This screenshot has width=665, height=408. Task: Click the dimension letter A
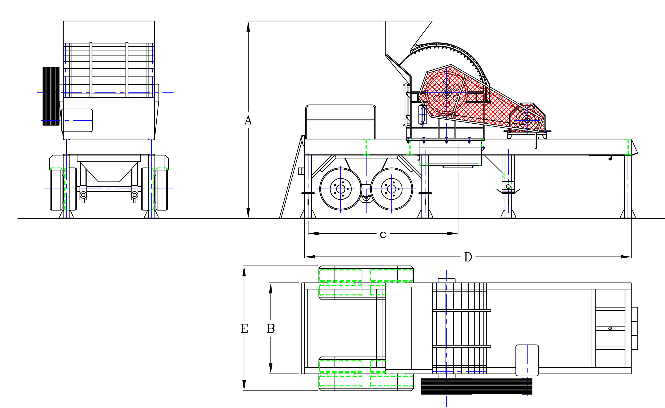tap(248, 120)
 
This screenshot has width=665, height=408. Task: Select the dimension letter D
tap(468, 257)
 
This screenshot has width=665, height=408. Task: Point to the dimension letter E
tap(244, 329)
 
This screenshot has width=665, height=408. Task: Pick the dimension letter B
tap(271, 329)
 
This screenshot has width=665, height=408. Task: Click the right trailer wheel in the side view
tap(392, 189)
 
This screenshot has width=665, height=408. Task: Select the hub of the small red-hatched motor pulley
tap(527, 120)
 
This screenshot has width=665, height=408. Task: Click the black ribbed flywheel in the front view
tap(51, 96)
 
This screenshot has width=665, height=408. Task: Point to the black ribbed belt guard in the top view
tap(476, 386)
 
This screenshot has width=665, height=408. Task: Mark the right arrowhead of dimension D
tap(626, 257)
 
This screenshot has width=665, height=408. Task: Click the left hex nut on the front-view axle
tap(83, 195)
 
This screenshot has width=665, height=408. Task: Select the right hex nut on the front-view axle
tap(134, 195)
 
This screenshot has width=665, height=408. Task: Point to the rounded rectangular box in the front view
tap(77, 120)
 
